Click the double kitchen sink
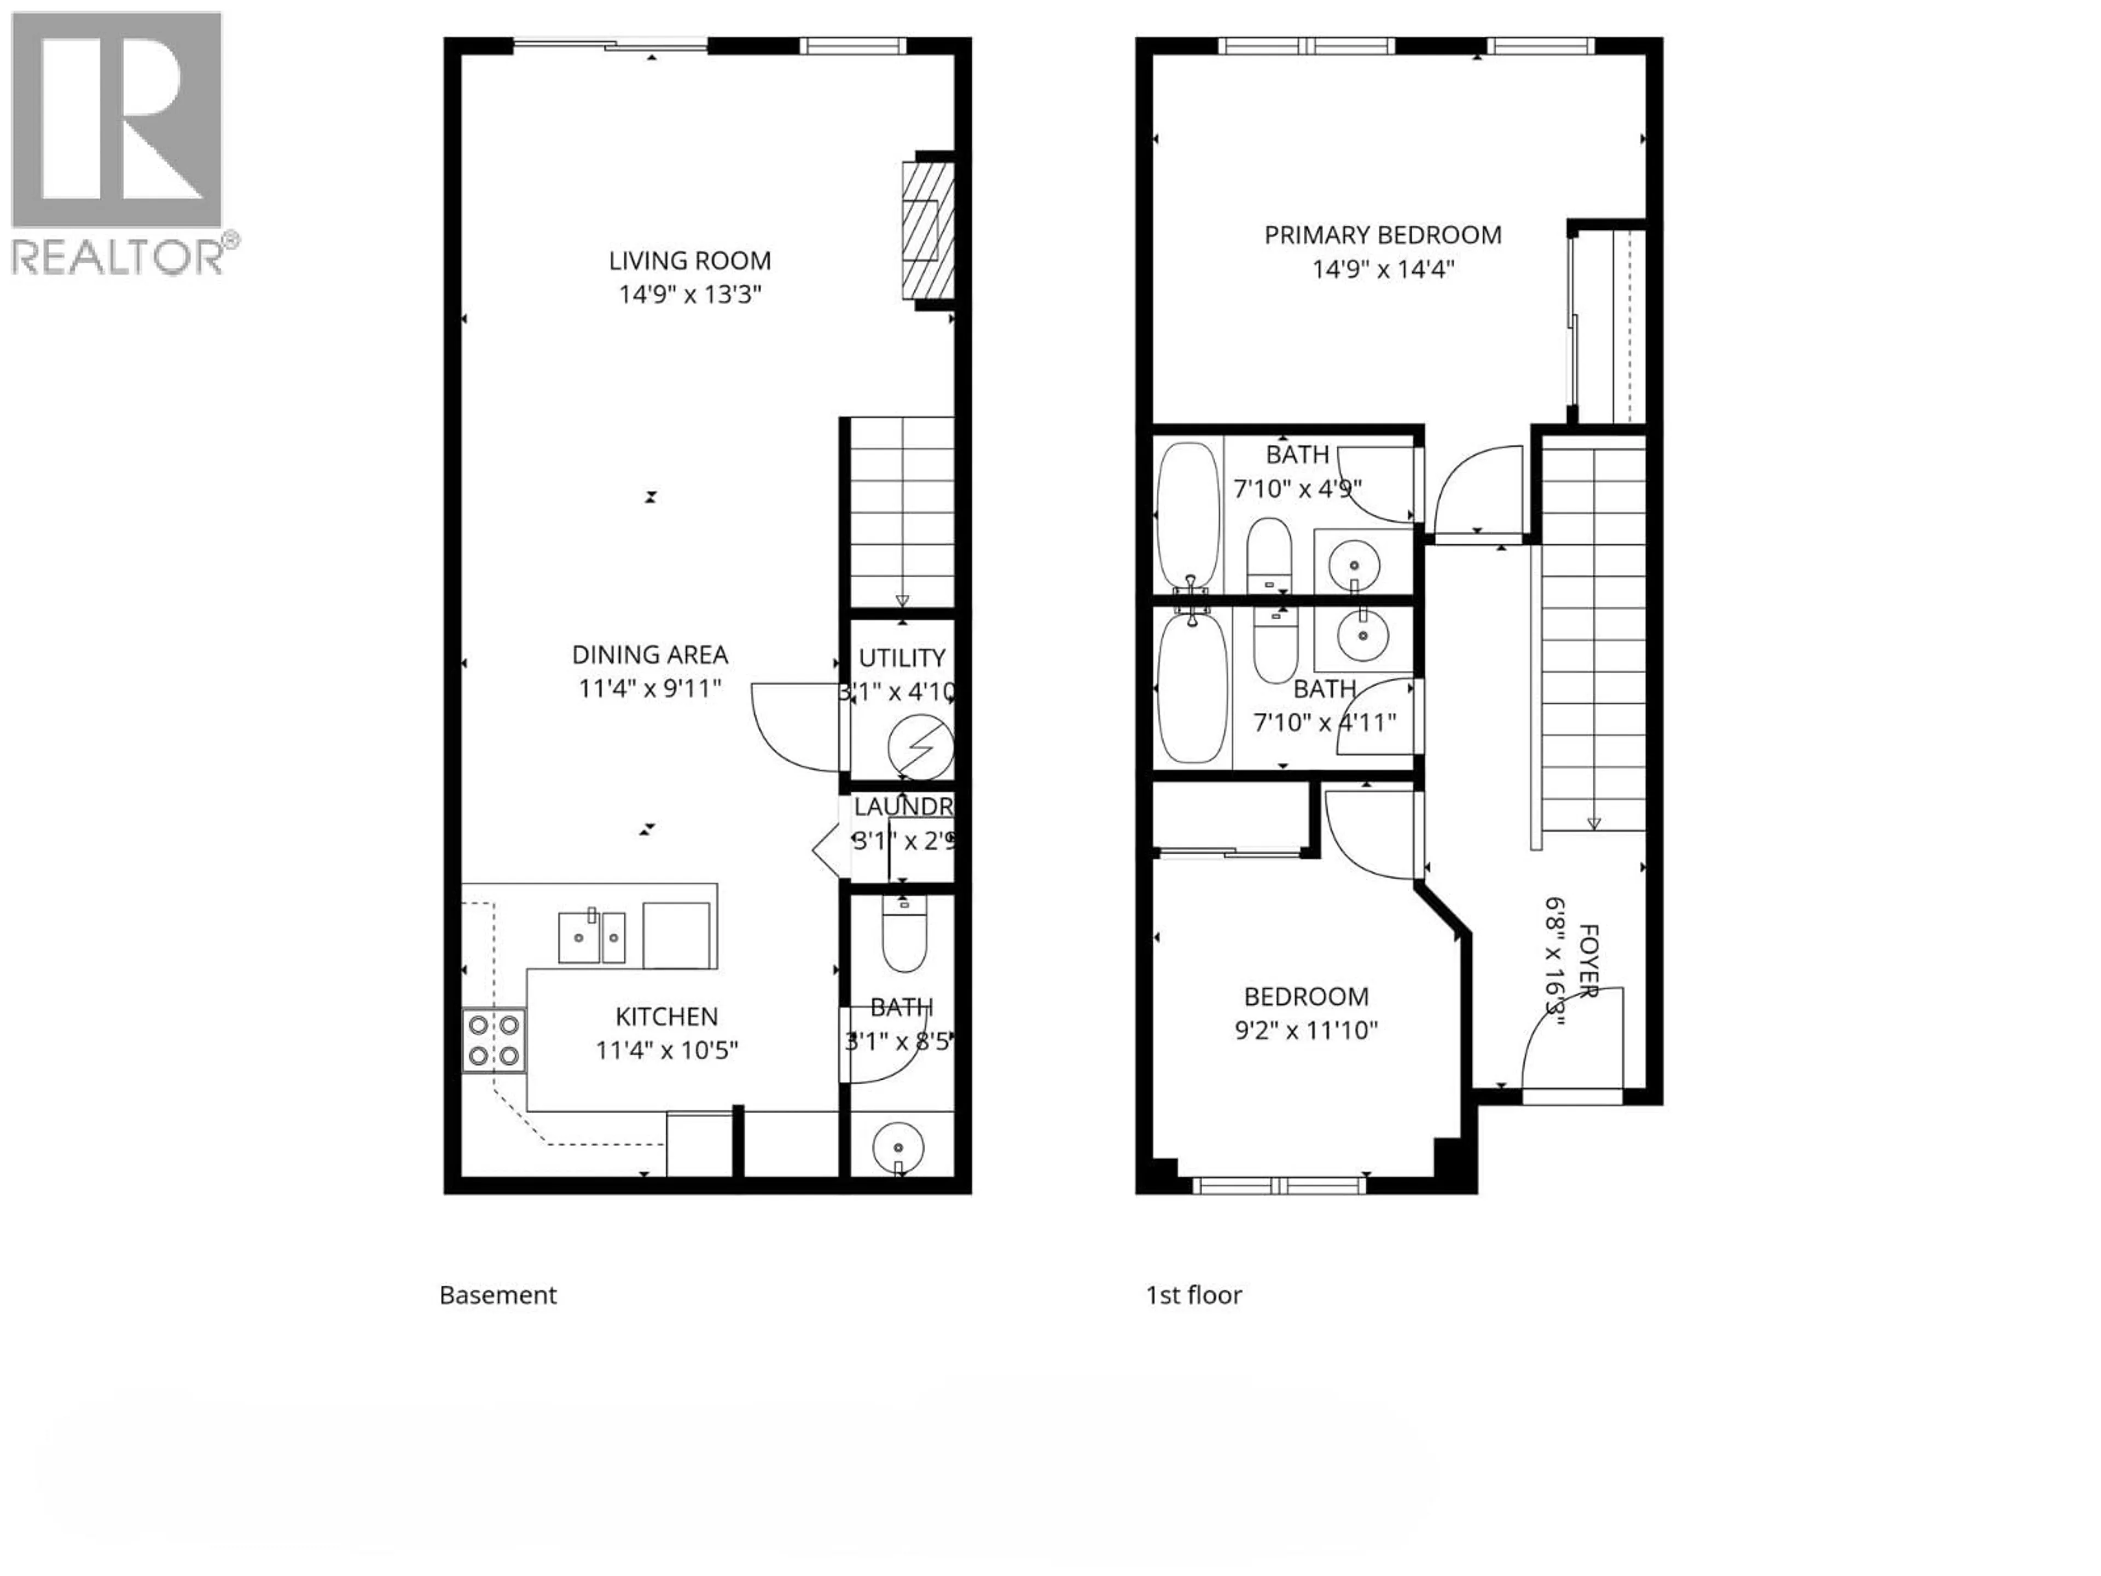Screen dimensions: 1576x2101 click(x=591, y=937)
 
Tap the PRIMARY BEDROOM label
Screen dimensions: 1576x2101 click(x=1382, y=235)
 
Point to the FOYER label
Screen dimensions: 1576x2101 click(x=1587, y=959)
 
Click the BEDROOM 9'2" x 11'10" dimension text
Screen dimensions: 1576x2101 click(x=1306, y=1030)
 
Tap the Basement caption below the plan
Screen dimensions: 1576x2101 click(x=498, y=1295)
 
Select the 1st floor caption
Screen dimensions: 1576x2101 click(x=1194, y=1295)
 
